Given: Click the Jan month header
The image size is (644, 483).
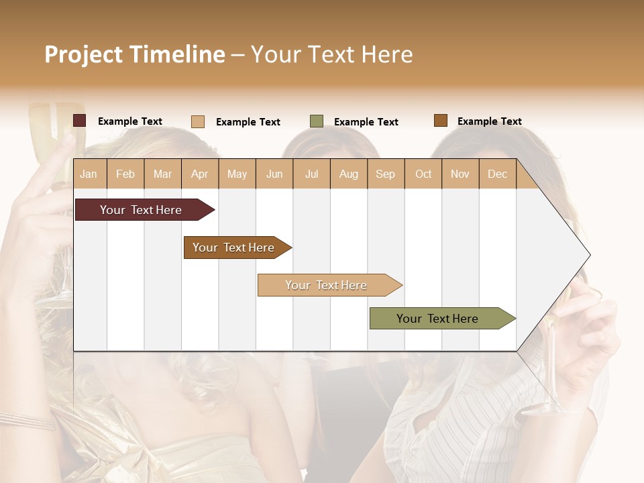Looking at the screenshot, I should [x=89, y=174].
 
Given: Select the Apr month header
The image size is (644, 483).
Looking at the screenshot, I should [x=200, y=174].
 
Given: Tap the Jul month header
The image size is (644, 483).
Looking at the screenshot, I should [x=311, y=174].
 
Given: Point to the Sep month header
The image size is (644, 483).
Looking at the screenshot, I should [x=385, y=174].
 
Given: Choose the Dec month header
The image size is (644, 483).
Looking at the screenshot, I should [x=497, y=174].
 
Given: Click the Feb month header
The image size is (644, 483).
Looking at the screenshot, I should [x=125, y=174].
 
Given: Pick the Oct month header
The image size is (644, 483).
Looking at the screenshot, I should [x=423, y=174].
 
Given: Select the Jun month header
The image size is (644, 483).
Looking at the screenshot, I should [x=274, y=174].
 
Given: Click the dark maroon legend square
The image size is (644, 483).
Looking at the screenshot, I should [x=80, y=121].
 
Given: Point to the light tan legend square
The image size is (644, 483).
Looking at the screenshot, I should [x=198, y=121].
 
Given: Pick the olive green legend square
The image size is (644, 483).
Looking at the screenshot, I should [x=317, y=121].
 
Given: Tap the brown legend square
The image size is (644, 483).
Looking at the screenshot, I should [x=441, y=121].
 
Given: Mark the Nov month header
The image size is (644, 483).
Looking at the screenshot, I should [x=460, y=174].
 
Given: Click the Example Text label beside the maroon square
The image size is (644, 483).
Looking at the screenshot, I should [x=130, y=121].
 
